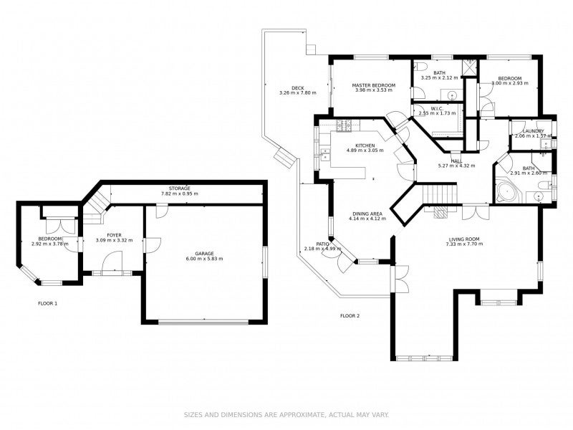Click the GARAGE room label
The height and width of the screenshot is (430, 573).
click(204, 254)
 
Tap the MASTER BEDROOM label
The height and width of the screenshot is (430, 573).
click(373, 85)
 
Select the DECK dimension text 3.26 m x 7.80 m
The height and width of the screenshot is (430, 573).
click(298, 93)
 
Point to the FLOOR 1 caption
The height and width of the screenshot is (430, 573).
click(48, 303)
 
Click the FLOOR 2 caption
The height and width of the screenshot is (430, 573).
click(350, 316)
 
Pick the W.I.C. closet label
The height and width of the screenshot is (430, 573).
click(437, 109)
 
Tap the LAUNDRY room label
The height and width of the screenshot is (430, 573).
click(533, 131)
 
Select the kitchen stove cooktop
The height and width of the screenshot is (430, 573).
click(344, 125)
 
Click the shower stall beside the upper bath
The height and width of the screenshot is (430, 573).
click(470, 67)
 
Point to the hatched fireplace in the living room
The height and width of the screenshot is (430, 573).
click(440, 212)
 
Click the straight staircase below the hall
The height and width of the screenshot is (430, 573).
click(440, 193)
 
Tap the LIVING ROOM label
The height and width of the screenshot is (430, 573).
click(464, 239)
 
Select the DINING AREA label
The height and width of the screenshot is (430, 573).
click(367, 214)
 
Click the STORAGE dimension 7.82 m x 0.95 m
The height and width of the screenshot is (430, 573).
click(180, 193)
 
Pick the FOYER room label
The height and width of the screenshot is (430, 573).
click(114, 236)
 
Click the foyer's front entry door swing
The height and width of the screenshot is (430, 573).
click(112, 262)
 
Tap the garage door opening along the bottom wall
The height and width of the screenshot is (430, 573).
click(203, 322)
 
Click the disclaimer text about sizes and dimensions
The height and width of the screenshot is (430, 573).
click(286, 415)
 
